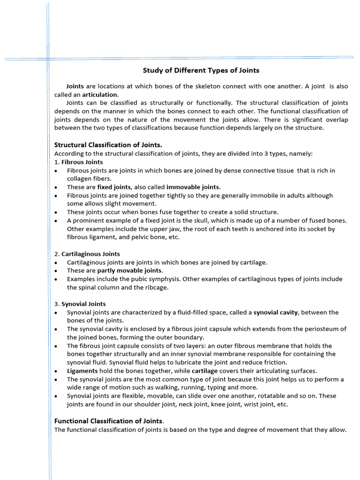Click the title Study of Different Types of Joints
tap(201, 70)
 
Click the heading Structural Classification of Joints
tap(108, 145)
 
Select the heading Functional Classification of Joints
tap(109, 420)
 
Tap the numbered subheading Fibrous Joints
tap(82, 162)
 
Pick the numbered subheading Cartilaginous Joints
tap(90, 254)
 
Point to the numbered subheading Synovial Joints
tap(83, 304)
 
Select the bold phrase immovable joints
tap(193, 187)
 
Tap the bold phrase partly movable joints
tap(130, 270)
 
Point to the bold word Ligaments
tap(82, 371)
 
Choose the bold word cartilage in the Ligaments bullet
tap(204, 371)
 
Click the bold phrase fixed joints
tap(114, 187)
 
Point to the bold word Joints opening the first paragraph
tap(75, 86)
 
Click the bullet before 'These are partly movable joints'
tap(56, 271)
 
